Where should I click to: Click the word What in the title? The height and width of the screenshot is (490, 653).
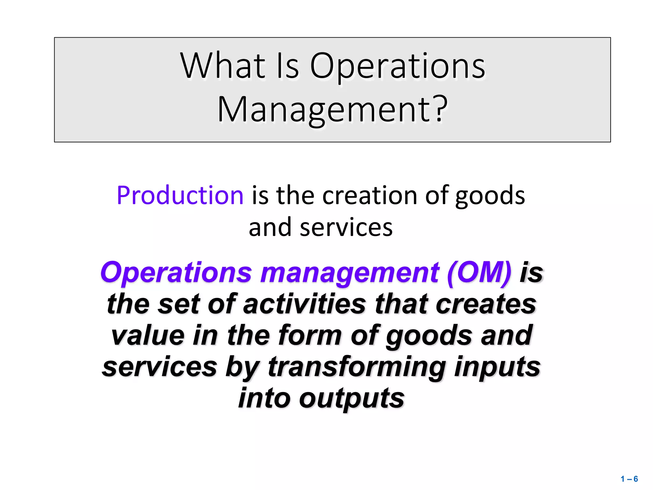pyautogui.click(x=223, y=66)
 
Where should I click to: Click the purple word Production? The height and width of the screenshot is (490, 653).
pyautogui.click(x=180, y=195)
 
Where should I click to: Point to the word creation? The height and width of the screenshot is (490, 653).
pyautogui.click(x=370, y=195)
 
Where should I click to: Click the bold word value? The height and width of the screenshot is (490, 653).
pyautogui.click(x=148, y=335)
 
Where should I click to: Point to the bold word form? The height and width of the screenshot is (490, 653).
pyautogui.click(x=310, y=335)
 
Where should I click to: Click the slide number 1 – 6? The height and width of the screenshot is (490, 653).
pyautogui.click(x=629, y=479)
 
